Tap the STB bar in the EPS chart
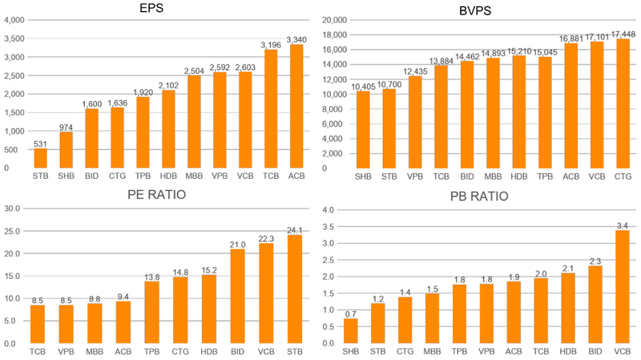40,158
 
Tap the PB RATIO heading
481,195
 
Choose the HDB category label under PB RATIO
569,352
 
